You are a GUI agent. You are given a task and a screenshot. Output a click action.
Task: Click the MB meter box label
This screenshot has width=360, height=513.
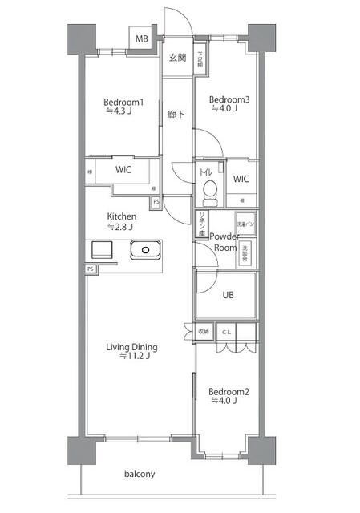coord(141,38)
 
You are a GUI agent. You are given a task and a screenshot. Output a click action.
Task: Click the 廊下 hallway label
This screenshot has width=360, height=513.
coord(176,115)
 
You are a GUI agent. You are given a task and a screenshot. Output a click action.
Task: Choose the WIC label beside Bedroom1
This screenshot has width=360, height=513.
coord(123,170)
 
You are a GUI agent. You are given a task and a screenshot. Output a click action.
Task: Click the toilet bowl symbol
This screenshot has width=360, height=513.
coord(210,191)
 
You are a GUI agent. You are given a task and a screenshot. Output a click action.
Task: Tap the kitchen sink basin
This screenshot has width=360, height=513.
coord(145,250)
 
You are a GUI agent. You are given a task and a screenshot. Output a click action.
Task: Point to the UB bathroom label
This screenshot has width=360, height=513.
coord(229,294)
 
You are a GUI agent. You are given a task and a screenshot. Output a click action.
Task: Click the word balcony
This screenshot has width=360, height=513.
coord(139,474)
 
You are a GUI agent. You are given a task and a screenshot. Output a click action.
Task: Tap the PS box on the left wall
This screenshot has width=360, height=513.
coord(91,269)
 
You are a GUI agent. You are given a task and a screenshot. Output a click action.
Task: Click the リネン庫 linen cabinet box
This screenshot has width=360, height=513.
coord(201,222)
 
